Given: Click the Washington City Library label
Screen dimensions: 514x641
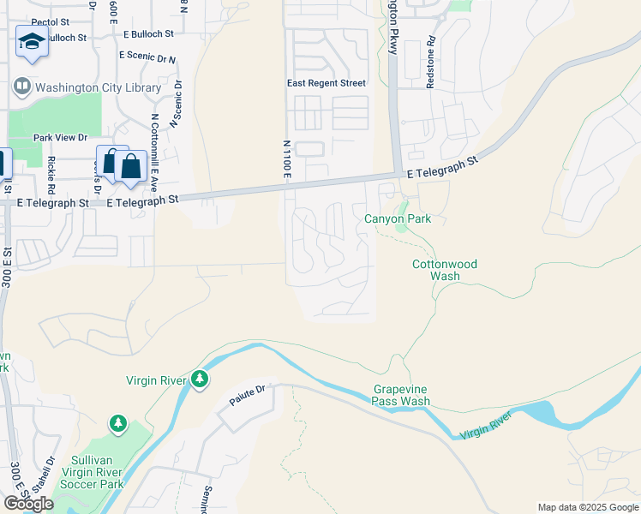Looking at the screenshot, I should click(x=98, y=87).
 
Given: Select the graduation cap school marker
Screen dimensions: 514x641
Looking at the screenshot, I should click(x=32, y=41).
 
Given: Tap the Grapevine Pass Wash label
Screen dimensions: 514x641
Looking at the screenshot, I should click(x=401, y=395).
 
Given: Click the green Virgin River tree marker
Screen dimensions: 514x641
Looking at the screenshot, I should click(x=200, y=378).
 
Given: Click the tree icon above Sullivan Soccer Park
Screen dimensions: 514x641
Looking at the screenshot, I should click(x=117, y=423).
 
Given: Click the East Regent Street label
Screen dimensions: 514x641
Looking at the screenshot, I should click(x=326, y=83).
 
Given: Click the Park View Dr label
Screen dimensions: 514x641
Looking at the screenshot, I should click(x=60, y=137).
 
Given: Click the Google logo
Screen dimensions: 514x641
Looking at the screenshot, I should click(x=27, y=504).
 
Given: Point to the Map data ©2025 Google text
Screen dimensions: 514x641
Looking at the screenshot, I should click(x=587, y=507).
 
